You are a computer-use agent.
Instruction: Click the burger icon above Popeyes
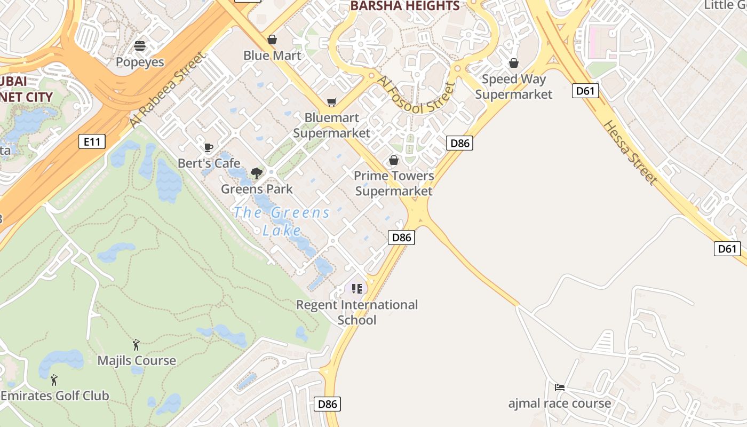pos(140,46)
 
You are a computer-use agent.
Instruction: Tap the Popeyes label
pos(140,62)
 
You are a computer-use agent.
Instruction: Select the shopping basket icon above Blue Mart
pos(272,39)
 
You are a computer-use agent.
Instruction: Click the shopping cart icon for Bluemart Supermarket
pos(332,102)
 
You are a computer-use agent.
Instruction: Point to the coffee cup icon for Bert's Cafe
pos(209,148)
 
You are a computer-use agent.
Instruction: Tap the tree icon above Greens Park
pos(257,173)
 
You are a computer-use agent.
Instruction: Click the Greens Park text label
pos(257,189)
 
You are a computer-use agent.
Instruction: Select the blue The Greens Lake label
pos(282,221)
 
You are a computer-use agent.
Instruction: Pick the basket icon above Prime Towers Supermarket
pos(394,160)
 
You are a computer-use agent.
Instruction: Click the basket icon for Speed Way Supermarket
pos(514,64)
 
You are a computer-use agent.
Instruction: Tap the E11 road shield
pos(92,141)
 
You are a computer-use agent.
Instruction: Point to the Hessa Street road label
pos(630,152)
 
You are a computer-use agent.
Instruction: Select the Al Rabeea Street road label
pos(166,90)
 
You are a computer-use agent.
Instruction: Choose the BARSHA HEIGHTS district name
pos(405,6)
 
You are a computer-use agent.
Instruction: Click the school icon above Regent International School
pos(356,289)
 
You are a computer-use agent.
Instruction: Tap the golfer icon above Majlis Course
pos(136,345)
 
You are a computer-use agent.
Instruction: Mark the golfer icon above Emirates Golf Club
pos(54,380)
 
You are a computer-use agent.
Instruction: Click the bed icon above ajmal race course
pos(560,388)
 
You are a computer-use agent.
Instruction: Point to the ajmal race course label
pos(560,403)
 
